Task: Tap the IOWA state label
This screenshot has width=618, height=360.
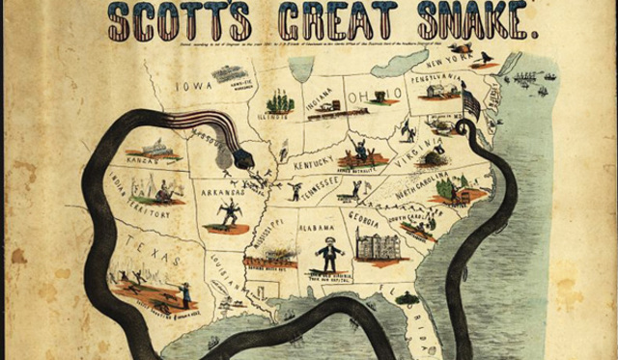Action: [184, 69]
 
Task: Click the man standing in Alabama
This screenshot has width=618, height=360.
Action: [329, 253]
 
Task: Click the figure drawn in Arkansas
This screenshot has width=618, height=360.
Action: [230, 211]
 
